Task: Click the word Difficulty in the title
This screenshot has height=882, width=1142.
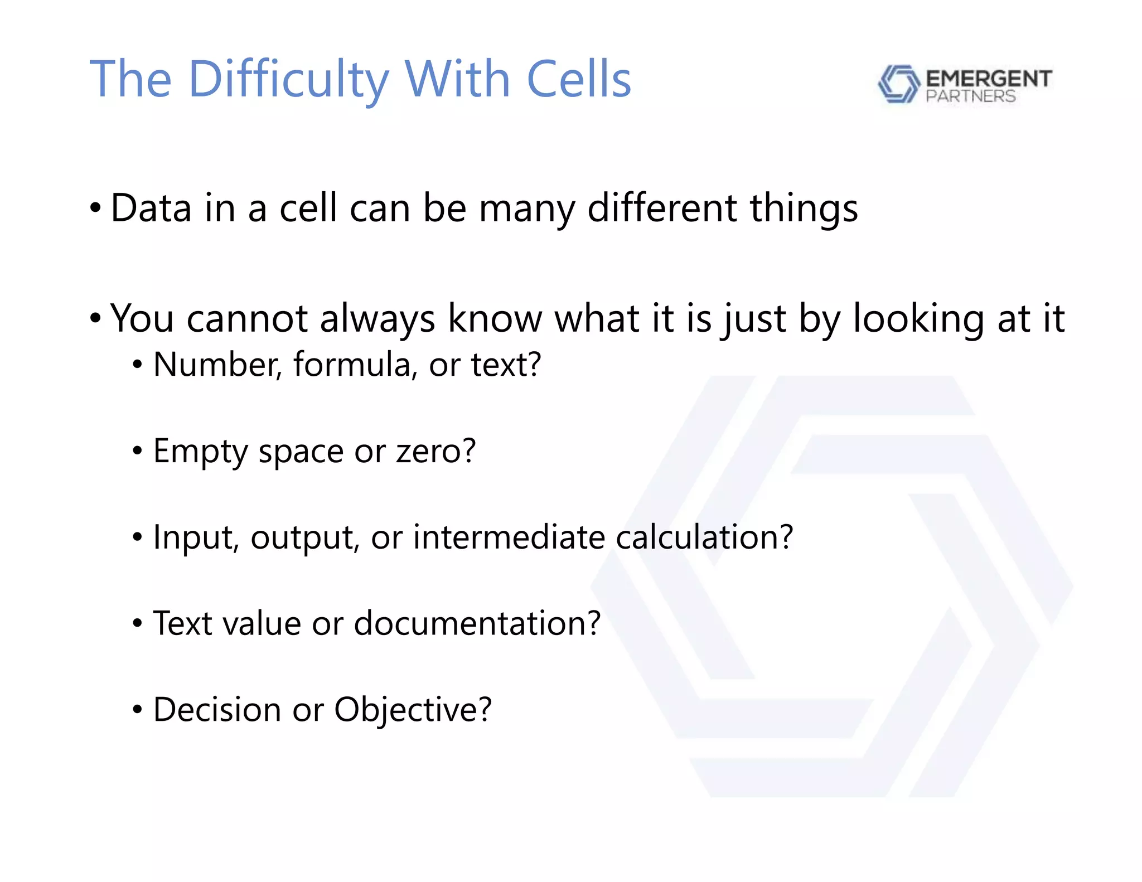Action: (288, 79)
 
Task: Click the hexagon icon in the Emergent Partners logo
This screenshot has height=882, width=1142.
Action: (898, 84)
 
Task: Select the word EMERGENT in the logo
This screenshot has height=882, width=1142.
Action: (988, 78)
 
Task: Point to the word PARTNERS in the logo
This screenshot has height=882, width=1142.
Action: (970, 96)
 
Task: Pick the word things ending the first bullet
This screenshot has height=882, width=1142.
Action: (804, 208)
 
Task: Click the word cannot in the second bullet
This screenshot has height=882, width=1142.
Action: (247, 318)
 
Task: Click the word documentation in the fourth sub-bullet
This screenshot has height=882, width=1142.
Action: (477, 623)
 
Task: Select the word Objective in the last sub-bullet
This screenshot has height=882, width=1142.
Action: (413, 709)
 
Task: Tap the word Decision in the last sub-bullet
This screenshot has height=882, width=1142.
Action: (217, 709)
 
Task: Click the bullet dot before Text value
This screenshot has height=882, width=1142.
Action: (137, 624)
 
